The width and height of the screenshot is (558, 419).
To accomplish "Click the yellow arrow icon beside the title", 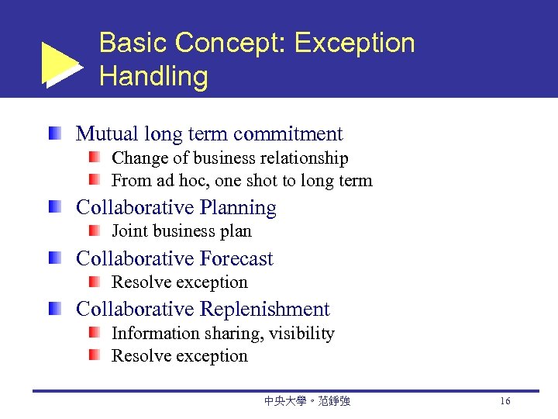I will [60, 64].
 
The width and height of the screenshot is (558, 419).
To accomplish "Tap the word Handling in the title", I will [153, 77].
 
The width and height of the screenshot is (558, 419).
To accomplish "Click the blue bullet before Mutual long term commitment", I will [53, 133].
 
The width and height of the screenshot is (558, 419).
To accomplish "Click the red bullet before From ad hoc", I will [94, 181].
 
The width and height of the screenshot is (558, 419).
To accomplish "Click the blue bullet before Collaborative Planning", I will [53, 207].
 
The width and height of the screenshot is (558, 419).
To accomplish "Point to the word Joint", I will [131, 231].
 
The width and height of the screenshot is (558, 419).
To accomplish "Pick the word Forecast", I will [237, 258].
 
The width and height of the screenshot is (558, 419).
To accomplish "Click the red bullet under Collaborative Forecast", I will [94, 282].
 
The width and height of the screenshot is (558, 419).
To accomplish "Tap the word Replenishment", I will [265, 309].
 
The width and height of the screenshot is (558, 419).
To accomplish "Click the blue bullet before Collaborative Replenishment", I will [53, 309].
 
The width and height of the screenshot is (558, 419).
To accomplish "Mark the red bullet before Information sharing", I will [94, 333].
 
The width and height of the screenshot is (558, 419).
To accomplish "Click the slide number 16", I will [505, 401].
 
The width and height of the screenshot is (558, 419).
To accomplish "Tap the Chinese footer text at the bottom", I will [307, 401].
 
